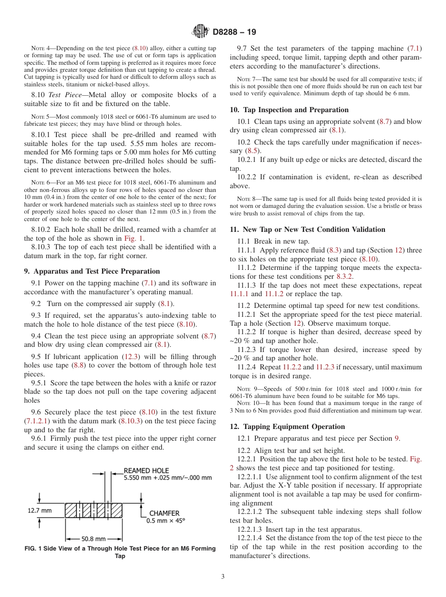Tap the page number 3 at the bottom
(x=223, y=576)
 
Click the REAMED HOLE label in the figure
(x=146, y=470)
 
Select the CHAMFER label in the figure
(x=164, y=513)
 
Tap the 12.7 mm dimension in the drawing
(x=40, y=510)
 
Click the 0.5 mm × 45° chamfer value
(x=166, y=520)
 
